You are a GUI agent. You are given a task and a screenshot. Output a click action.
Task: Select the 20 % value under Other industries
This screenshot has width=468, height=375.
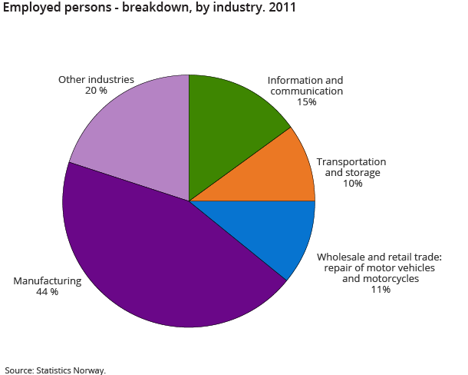(97, 90)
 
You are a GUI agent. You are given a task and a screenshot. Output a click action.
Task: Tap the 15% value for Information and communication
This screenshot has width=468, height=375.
(305, 101)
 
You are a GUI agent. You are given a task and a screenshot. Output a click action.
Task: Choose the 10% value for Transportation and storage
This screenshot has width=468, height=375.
(351, 184)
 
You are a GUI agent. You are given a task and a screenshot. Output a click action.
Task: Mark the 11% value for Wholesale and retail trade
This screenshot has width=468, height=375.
(380, 290)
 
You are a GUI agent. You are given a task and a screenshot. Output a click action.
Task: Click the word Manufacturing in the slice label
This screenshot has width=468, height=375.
(47, 281)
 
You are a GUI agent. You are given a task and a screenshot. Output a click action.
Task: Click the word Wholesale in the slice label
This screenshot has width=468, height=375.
(343, 257)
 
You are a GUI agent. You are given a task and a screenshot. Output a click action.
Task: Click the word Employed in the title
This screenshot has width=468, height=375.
(30, 9)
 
